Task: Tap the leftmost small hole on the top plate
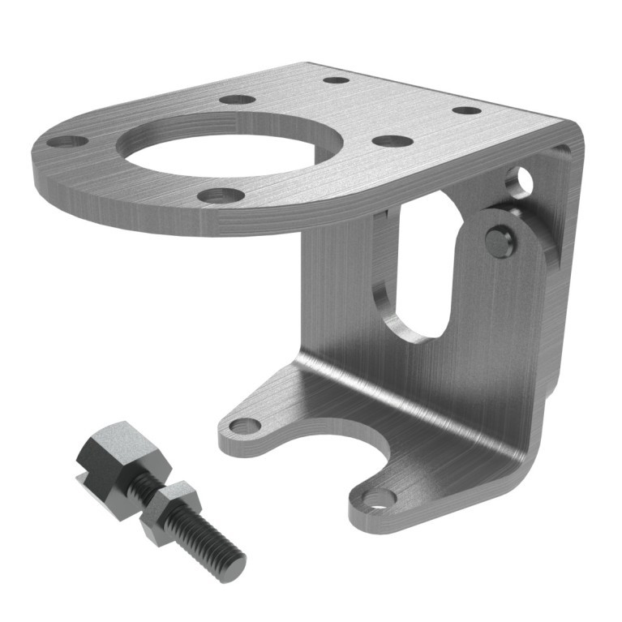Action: click(66, 142)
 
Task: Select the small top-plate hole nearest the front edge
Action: click(220, 195)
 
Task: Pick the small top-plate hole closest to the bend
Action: click(467, 110)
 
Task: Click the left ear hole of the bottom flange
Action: click(242, 425)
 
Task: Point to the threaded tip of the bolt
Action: click(230, 561)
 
